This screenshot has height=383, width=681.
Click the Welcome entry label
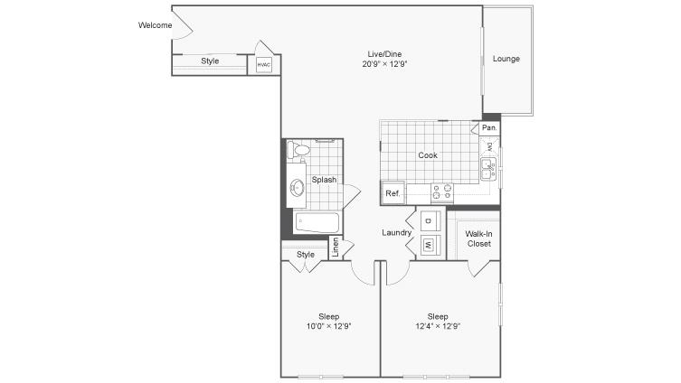click(155, 25)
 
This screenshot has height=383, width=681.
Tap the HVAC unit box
click(263, 65)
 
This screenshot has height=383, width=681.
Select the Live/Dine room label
click(384, 54)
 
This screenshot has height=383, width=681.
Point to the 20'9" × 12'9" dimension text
click(384, 64)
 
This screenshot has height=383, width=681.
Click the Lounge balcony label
click(506, 59)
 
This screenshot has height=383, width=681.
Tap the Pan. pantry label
click(489, 127)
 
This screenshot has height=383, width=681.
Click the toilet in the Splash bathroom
click(298, 150)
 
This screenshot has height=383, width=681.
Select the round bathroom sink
click(297, 188)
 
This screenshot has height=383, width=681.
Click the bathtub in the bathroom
click(317, 222)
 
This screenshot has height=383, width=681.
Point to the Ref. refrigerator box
click(393, 192)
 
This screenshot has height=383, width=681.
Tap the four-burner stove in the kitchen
click(441, 193)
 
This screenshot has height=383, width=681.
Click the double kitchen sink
click(488, 169)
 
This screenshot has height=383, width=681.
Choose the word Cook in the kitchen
click(428, 155)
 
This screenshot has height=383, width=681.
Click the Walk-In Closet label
click(478, 238)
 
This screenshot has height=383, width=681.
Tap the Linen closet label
click(335, 248)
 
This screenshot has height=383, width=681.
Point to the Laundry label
click(396, 232)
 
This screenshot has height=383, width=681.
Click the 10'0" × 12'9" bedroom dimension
click(329, 326)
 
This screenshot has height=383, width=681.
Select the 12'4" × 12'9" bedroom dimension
click(438, 326)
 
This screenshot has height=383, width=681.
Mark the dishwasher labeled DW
click(489, 147)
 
